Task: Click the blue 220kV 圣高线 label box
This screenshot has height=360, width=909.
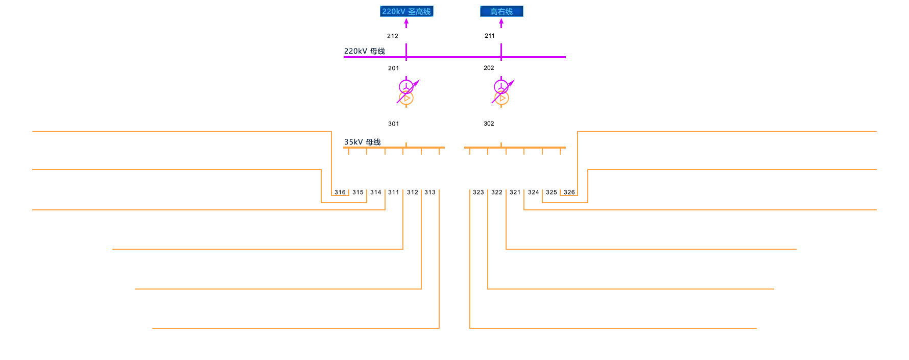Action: [x=406, y=11]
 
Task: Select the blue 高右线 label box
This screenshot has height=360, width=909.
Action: [x=501, y=11]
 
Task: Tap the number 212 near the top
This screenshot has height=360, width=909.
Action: [x=393, y=36]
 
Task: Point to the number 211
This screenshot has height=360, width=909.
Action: [x=490, y=36]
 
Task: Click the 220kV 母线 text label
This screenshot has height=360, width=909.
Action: [x=365, y=51]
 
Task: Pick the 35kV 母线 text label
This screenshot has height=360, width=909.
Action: [x=363, y=142]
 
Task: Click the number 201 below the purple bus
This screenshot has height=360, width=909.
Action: [x=393, y=68]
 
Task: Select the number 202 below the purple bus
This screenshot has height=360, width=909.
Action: [x=489, y=68]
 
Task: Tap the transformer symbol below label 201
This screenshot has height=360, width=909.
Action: [x=407, y=92]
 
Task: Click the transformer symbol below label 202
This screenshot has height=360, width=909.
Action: [x=502, y=92]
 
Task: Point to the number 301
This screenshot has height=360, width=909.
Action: [x=393, y=124]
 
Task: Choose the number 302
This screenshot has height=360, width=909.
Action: [x=489, y=124]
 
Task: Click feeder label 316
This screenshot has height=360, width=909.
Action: [x=340, y=193]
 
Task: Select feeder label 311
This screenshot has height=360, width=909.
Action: [x=393, y=193]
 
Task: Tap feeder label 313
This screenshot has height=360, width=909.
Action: [x=430, y=193]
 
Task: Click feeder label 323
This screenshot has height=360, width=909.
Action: [x=479, y=193]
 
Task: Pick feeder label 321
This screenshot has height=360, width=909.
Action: [x=515, y=193]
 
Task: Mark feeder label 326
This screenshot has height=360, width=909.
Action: [x=569, y=193]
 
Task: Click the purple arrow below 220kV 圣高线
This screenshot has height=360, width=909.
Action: [x=406, y=23]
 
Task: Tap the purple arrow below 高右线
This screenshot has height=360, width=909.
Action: [x=501, y=23]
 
